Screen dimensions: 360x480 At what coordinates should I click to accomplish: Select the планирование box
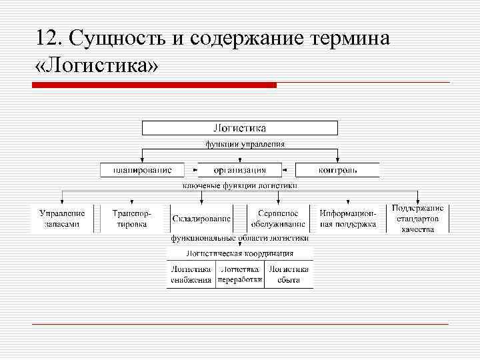click(141, 170)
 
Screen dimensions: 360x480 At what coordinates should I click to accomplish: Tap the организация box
click(240, 170)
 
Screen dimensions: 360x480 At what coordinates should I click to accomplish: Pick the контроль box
click(337, 170)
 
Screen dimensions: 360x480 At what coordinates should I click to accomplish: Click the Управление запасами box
click(63, 219)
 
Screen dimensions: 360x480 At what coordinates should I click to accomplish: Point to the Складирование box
click(201, 219)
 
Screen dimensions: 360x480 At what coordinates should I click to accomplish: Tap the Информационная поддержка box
click(347, 219)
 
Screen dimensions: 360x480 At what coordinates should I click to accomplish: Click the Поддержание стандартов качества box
click(418, 219)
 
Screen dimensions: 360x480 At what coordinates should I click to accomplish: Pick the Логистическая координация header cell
click(240, 253)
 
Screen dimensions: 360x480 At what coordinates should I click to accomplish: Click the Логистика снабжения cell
click(191, 275)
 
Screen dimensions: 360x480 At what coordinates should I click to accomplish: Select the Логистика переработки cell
click(240, 275)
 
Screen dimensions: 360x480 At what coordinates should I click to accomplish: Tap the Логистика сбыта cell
click(289, 275)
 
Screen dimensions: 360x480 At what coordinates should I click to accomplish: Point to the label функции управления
click(244, 143)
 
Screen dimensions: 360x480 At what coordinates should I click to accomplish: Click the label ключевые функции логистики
click(240, 185)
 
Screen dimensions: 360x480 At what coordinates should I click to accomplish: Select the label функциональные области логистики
click(239, 237)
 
